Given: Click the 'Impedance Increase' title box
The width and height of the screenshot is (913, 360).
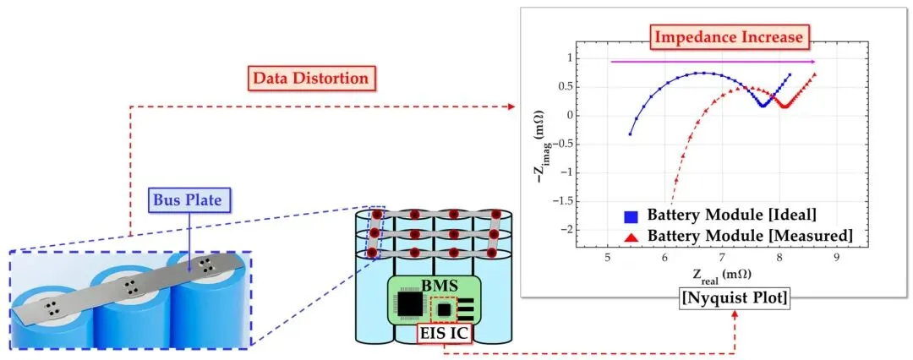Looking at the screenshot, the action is (729, 36).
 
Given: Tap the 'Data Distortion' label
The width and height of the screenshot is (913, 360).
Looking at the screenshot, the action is (309, 78).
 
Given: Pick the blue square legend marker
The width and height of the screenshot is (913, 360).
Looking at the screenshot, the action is (630, 216).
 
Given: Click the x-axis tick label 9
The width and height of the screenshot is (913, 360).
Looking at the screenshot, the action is (836, 257).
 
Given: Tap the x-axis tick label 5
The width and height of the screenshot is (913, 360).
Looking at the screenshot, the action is (608, 257).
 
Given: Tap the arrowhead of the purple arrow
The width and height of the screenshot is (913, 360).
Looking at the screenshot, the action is (812, 61).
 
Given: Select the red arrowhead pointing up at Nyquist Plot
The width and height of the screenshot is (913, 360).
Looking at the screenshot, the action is (735, 314).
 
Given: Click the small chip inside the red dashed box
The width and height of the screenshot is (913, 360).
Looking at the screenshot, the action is (445, 310).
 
